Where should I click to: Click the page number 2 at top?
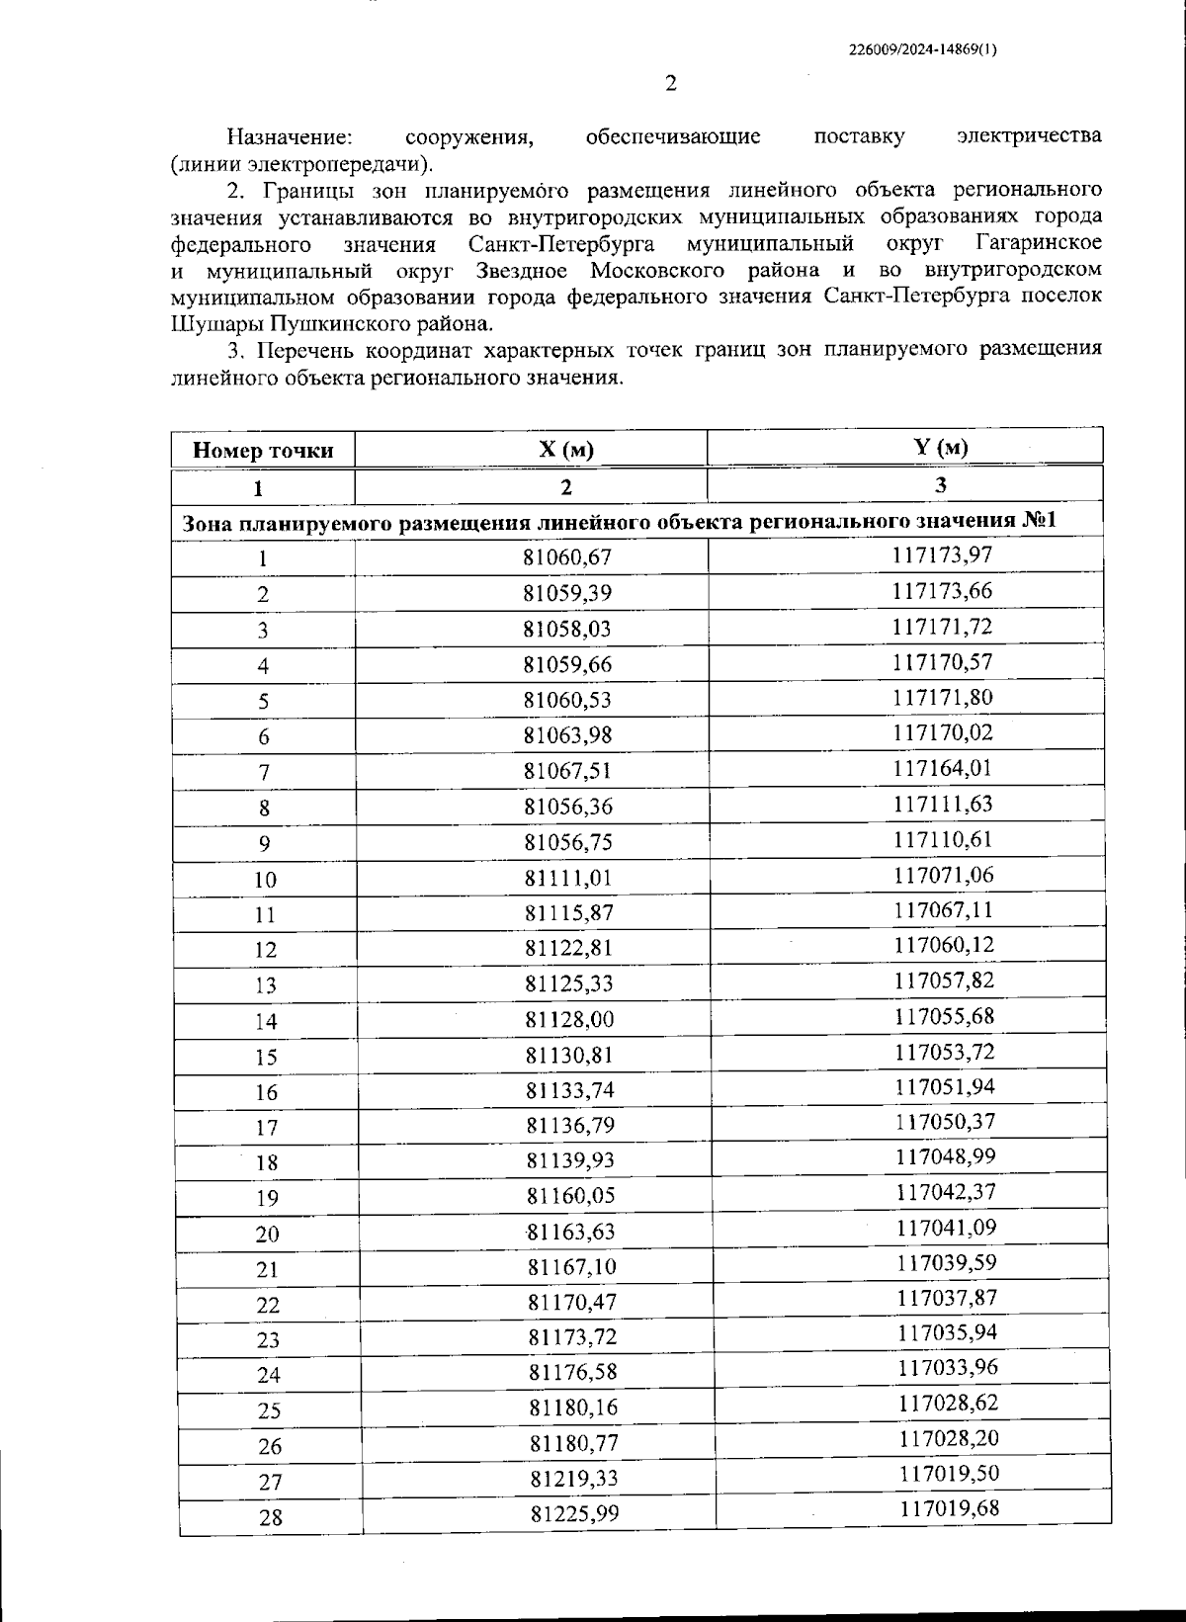pyautogui.click(x=671, y=83)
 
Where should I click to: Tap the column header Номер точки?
pyautogui.click(x=263, y=451)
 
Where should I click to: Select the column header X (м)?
pyautogui.click(x=566, y=450)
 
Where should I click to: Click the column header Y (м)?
pyautogui.click(x=941, y=447)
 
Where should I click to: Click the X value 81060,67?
pyautogui.click(x=567, y=557)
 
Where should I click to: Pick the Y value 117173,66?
pyautogui.click(x=942, y=591)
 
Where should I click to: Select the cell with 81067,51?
pyautogui.click(x=568, y=771)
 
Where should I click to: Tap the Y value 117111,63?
pyautogui.click(x=943, y=804)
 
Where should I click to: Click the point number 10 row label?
pyautogui.click(x=265, y=880)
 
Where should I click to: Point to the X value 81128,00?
pyautogui.click(x=569, y=1019)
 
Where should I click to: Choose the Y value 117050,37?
pyautogui.click(x=946, y=1122)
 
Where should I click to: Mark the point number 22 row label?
pyautogui.click(x=268, y=1305)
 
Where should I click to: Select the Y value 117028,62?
pyautogui.click(x=948, y=1403)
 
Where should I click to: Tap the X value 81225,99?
pyautogui.click(x=574, y=1513)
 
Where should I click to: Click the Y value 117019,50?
pyautogui.click(x=949, y=1474)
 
